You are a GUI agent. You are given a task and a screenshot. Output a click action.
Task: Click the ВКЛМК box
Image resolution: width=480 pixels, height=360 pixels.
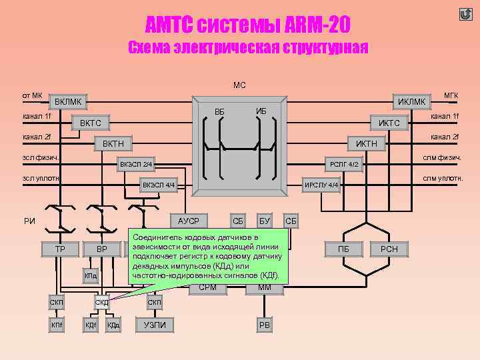(x=68, y=102)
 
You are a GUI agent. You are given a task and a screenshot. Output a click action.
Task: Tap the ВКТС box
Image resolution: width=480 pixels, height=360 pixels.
(x=91, y=123)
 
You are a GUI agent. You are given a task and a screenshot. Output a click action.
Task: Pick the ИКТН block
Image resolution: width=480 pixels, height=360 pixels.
(x=366, y=143)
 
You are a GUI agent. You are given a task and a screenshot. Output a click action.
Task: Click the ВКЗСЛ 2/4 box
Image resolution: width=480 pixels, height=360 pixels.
(x=136, y=164)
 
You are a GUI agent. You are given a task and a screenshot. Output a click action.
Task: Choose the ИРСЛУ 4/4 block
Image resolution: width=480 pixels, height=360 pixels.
(x=321, y=185)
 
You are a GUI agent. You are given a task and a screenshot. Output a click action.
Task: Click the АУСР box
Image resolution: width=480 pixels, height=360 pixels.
(x=189, y=221)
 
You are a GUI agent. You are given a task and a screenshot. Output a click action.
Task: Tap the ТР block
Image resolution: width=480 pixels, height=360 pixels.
(x=59, y=249)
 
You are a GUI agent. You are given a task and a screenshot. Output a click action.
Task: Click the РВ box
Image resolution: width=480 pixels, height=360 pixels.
(x=264, y=325)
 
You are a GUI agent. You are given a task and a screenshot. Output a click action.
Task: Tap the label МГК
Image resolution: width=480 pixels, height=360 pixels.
(x=451, y=96)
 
